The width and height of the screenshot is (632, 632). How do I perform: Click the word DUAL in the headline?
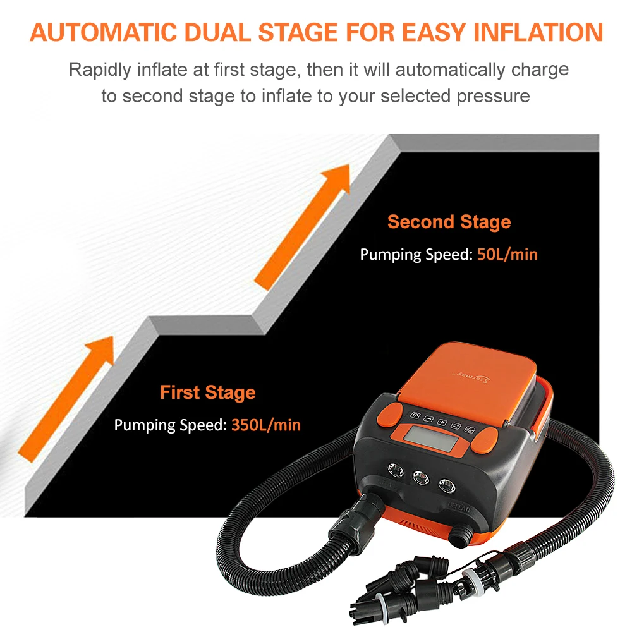219,32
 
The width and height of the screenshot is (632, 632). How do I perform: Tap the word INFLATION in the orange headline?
538,32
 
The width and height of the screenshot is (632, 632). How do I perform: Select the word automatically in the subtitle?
450,70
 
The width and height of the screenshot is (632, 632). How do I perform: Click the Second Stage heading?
449,222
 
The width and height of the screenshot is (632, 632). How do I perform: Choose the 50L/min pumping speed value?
507,254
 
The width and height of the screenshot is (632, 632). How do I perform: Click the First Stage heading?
207,392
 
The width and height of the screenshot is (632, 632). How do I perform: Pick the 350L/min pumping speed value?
265,425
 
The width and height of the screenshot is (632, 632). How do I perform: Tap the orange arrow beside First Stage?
66,399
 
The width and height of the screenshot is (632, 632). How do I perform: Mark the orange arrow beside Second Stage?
302,227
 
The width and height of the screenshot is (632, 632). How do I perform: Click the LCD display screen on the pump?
430,438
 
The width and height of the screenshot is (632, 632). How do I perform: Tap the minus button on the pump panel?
429,419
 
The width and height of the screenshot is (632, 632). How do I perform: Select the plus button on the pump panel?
442,422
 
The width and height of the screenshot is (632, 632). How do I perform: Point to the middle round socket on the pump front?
421,478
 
